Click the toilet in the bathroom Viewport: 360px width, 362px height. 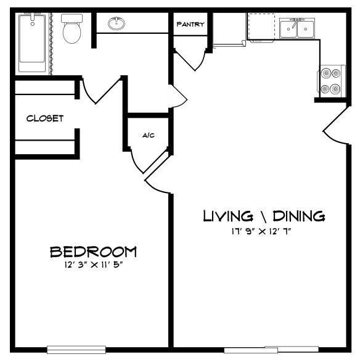pos(72,29)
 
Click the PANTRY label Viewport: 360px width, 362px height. pos(190,25)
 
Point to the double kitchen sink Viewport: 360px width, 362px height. pos(297,28)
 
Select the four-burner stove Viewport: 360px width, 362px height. pos(330,80)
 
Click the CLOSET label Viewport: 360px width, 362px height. pos(44,118)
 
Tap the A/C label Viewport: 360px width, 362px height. pos(148,135)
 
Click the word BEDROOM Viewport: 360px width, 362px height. pos(93,252)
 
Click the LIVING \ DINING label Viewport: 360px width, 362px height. pos(264,216)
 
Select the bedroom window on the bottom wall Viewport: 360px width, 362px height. pos(72,349)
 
